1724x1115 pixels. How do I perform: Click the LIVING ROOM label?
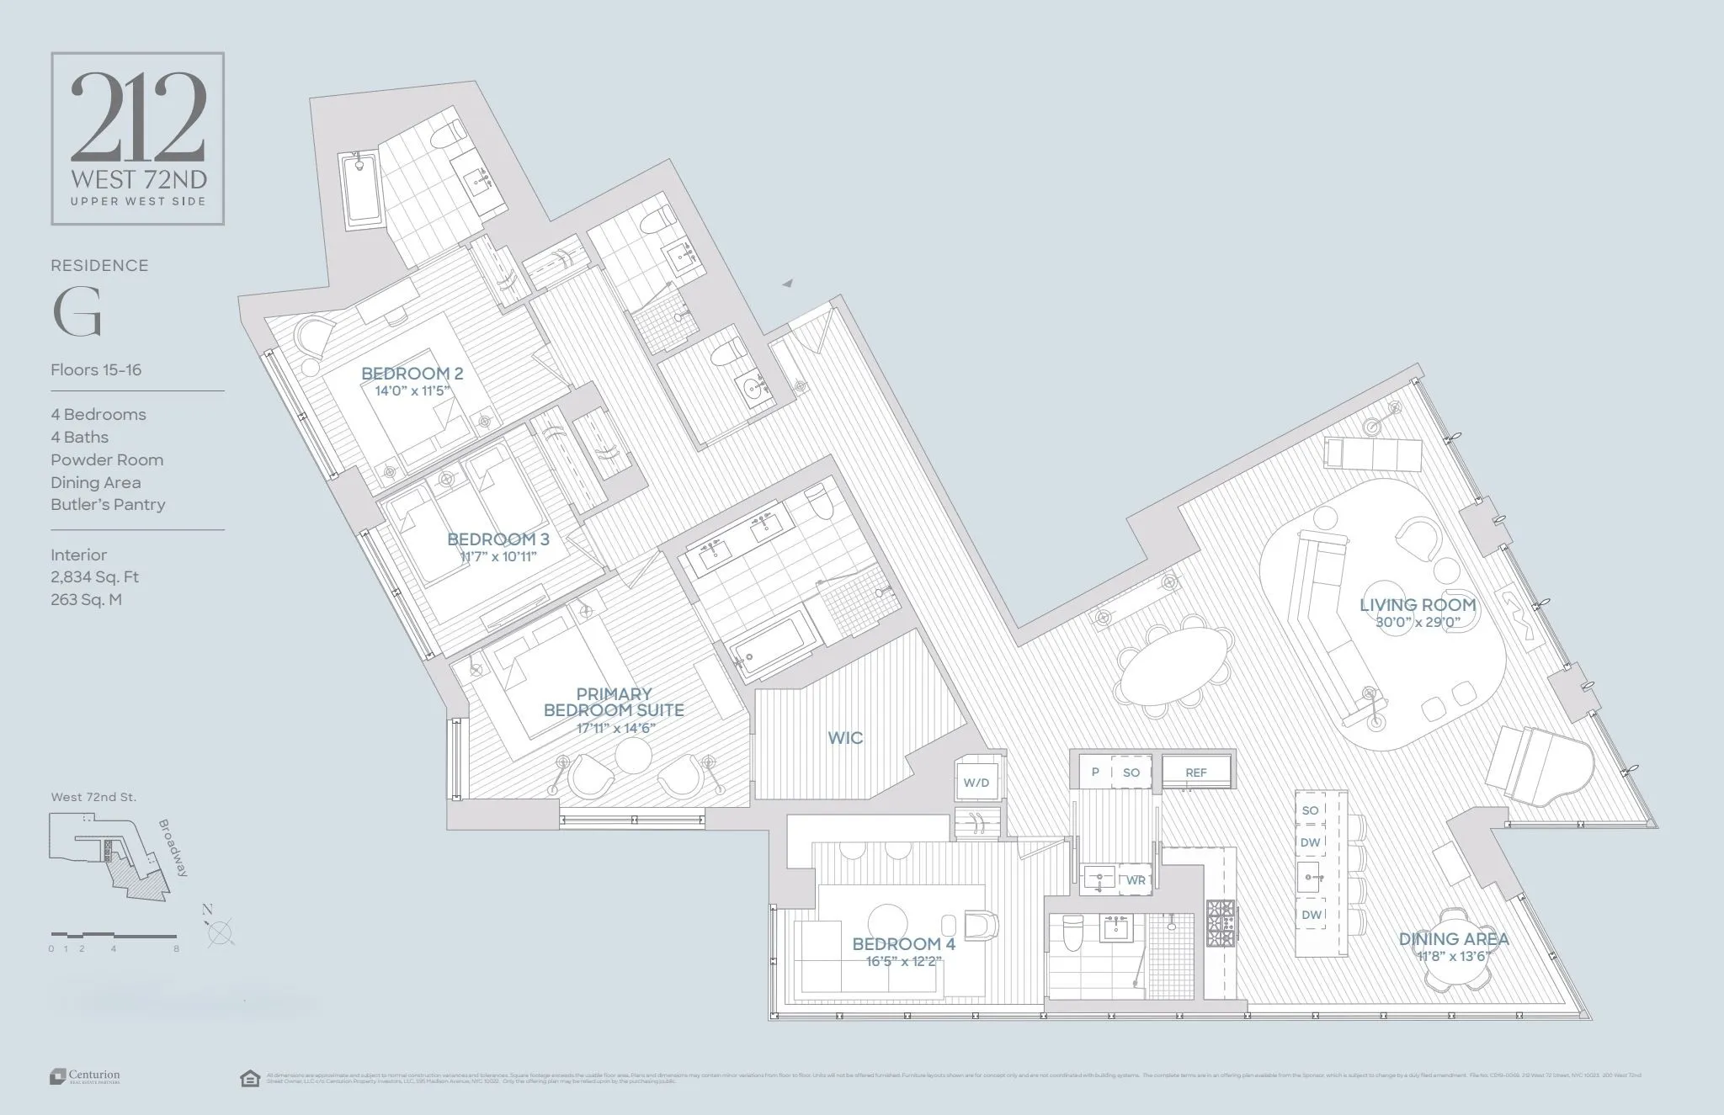1418,604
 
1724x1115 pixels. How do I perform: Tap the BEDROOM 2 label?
412,374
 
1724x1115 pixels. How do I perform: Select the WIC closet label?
845,738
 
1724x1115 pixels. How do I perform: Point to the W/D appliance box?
976,783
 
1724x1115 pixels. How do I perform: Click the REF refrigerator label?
1196,773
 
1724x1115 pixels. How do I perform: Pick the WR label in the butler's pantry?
1136,880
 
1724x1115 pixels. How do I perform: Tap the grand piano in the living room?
1539,767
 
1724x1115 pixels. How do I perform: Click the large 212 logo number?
138,117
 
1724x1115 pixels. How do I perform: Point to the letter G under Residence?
77,312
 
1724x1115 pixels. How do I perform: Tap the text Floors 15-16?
96,369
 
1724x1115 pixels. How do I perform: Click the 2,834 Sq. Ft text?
94,577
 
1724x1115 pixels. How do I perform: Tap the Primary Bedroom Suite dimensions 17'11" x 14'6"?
615,728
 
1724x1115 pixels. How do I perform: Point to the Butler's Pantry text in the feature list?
108,505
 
